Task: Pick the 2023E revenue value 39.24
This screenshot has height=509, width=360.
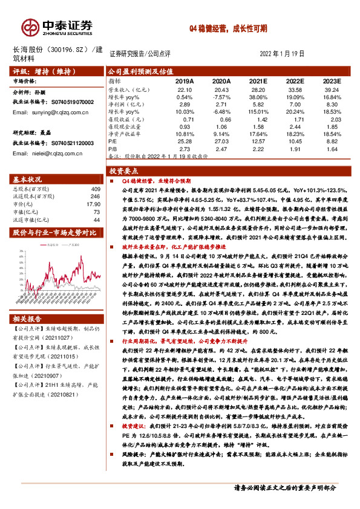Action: tap(330, 89)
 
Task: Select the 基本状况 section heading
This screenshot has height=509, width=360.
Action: tap(28, 180)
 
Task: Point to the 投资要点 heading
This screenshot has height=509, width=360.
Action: tap(125, 171)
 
